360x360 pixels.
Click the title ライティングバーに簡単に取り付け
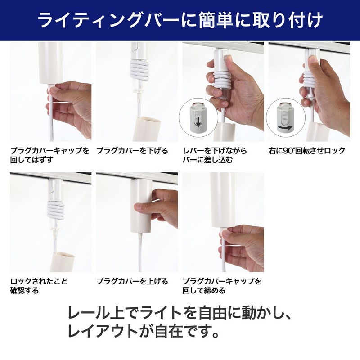(180, 20)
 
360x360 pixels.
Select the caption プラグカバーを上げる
(132, 281)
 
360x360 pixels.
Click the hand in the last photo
(245, 247)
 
